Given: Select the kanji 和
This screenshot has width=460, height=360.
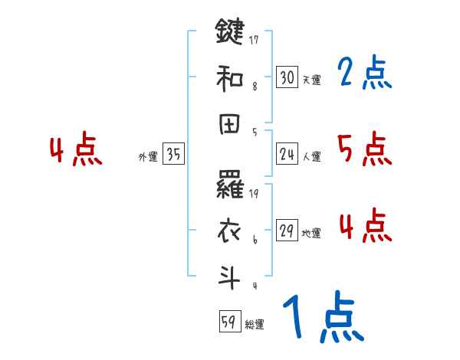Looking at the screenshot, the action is click(x=230, y=77).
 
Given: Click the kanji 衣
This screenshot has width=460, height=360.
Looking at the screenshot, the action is click(x=230, y=231).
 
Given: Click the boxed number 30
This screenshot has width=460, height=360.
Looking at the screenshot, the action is click(x=287, y=77).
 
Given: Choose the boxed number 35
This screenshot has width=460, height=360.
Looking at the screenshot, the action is click(x=173, y=155).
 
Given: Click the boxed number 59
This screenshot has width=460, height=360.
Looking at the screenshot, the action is click(x=228, y=322).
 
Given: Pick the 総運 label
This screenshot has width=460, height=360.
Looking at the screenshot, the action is click(x=255, y=325).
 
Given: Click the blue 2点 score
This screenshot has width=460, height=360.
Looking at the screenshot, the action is click(x=364, y=74).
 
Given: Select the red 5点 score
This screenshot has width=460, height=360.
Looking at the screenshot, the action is click(x=364, y=149).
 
